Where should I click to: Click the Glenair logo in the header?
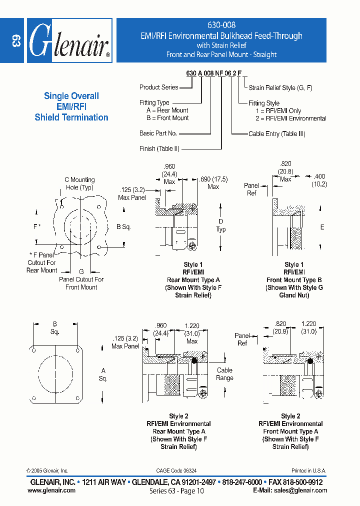click(x=69, y=40)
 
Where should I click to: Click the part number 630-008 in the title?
click(x=221, y=24)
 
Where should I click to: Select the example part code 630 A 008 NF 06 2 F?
click(x=213, y=73)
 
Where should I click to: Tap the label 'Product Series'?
click(x=158, y=87)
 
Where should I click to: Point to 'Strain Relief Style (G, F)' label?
click(x=280, y=88)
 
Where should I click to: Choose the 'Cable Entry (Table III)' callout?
click(x=276, y=134)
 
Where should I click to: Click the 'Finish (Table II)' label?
click(x=159, y=149)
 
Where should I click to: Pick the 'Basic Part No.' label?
click(x=158, y=133)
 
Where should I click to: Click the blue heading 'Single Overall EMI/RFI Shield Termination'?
click(x=71, y=106)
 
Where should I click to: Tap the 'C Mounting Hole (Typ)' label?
click(x=79, y=183)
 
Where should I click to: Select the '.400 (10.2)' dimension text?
click(x=319, y=180)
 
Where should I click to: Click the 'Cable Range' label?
click(x=224, y=374)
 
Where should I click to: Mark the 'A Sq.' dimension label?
click(x=103, y=374)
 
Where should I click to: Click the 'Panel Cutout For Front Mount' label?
click(x=81, y=283)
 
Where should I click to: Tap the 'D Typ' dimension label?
click(x=221, y=225)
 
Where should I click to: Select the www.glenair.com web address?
click(x=51, y=490)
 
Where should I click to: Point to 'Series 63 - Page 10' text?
click(x=176, y=491)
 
